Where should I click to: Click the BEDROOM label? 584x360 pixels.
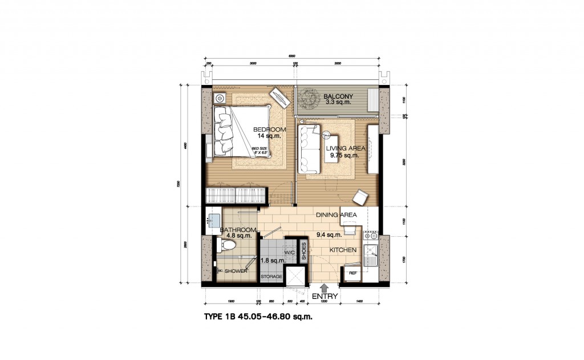(269, 130)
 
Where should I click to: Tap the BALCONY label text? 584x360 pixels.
(339, 96)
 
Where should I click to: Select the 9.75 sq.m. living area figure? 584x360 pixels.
(342, 155)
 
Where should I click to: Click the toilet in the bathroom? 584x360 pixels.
(226, 245)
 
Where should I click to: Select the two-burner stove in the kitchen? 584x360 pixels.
(371, 234)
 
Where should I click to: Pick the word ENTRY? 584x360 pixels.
(325, 297)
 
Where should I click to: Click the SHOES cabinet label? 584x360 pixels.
(304, 251)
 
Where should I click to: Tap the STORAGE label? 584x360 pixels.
(271, 277)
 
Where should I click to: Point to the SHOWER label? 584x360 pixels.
(235, 271)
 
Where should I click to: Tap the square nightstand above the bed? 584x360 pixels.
(220, 99)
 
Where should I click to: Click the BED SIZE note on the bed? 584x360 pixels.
(259, 151)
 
